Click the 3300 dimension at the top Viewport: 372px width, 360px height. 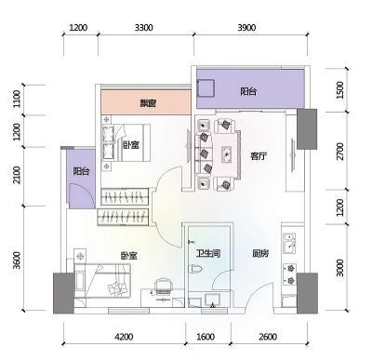click(x=143, y=28)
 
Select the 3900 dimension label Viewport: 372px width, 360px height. click(x=246, y=28)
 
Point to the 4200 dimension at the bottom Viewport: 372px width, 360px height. click(x=124, y=337)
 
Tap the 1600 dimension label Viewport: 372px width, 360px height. click(x=206, y=337)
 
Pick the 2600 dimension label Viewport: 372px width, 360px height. click(x=268, y=337)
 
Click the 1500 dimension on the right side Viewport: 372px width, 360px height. click(x=340, y=90)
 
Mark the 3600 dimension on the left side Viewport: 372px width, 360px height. click(x=17, y=260)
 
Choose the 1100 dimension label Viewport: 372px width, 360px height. click(x=17, y=99)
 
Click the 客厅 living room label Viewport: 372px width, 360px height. click(x=259, y=156)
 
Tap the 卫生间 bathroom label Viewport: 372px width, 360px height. click(x=208, y=254)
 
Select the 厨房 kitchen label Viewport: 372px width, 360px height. click(x=260, y=254)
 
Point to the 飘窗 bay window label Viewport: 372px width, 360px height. click(x=148, y=103)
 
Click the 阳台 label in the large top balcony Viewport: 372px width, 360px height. click(x=248, y=91)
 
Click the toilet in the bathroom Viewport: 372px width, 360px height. click(x=196, y=269)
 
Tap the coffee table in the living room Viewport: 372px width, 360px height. click(x=227, y=153)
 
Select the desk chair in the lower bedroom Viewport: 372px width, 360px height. click(x=164, y=286)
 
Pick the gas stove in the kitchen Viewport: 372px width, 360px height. click(x=289, y=274)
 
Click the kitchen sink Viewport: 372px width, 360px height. click(x=289, y=243)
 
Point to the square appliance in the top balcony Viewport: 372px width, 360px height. click(x=206, y=88)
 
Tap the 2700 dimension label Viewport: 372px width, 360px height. click(x=340, y=152)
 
